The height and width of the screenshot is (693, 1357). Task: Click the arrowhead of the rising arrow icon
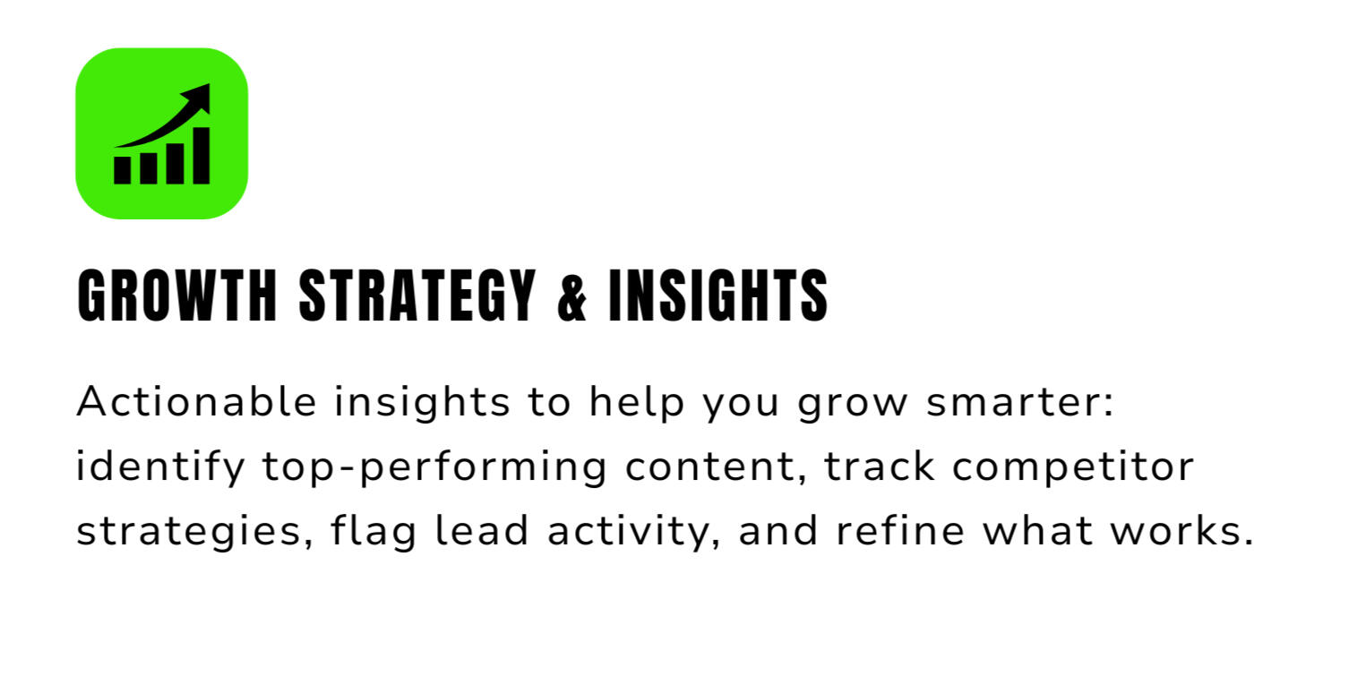point(199,97)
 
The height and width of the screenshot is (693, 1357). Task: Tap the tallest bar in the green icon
point(202,156)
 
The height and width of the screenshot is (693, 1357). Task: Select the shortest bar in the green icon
point(123,170)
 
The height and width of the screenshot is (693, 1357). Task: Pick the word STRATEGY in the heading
point(417,295)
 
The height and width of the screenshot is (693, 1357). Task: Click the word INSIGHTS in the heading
point(717,295)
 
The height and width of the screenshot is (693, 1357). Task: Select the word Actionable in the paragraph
point(197,401)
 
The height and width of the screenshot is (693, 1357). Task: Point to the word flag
point(374,532)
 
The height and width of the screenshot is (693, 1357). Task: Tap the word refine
point(900,531)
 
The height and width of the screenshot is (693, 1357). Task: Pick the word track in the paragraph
point(879,466)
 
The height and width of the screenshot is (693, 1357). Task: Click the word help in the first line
point(637,402)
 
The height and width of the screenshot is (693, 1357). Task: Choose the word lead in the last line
point(482,531)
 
